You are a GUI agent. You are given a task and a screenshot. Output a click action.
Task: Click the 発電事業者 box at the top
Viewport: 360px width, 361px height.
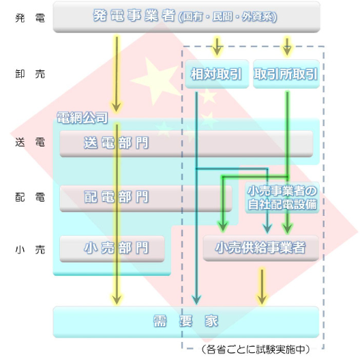[x=186, y=17]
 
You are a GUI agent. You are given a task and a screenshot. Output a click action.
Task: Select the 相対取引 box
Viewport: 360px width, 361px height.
[x=217, y=74]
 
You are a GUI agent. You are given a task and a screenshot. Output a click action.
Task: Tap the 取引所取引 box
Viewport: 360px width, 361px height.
[x=286, y=74]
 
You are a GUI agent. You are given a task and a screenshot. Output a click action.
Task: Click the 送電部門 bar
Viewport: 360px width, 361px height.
[x=186, y=144]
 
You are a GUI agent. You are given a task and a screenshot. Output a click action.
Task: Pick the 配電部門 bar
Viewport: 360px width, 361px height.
[x=146, y=198]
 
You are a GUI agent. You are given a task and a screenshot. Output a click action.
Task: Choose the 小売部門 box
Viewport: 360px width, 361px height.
[x=112, y=249]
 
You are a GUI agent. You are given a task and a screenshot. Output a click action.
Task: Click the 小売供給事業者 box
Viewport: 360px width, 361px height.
[x=260, y=248]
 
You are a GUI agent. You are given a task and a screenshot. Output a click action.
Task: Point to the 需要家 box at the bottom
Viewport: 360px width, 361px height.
[x=186, y=321]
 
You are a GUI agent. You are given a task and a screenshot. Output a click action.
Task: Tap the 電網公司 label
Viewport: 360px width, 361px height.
[x=82, y=118]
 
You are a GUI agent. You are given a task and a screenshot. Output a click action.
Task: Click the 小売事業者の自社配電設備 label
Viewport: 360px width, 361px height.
[x=282, y=198]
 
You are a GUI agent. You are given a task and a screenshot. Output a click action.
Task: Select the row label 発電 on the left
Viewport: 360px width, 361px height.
[x=30, y=18]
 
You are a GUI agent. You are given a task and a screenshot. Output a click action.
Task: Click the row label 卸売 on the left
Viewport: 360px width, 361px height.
[x=30, y=74]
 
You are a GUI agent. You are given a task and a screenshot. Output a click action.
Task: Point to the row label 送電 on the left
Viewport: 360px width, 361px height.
[x=30, y=142]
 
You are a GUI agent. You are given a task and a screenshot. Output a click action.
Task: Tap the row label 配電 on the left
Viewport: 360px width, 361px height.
[x=30, y=198]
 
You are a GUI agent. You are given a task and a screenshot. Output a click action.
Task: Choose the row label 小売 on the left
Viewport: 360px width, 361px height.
[x=30, y=250]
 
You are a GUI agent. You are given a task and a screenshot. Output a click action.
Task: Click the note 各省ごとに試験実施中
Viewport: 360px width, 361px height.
[x=256, y=349]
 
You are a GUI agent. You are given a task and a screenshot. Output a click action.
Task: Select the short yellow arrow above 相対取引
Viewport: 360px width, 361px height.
[x=217, y=46]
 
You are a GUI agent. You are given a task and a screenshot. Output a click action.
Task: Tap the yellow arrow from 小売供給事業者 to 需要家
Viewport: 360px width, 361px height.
[x=262, y=286]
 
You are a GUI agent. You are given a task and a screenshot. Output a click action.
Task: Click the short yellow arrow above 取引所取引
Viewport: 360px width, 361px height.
[x=287, y=46]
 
